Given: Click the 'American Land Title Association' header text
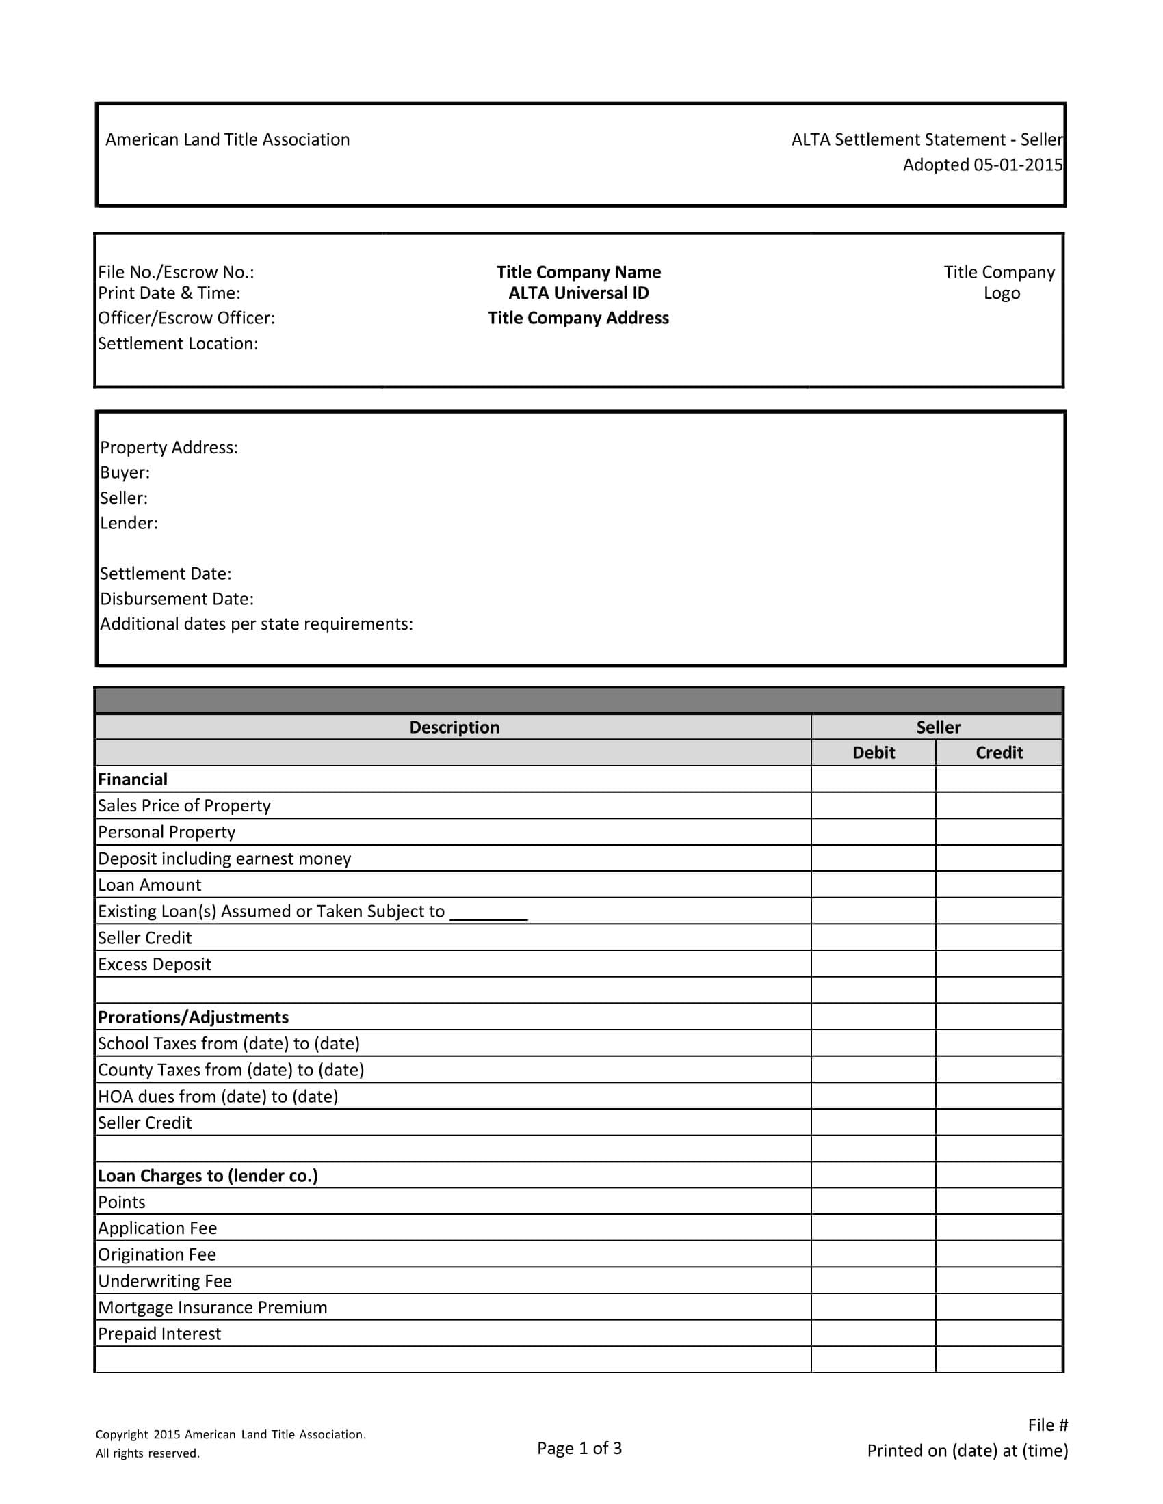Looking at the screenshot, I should pos(227,139).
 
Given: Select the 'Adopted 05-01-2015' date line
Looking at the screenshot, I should pos(982,165).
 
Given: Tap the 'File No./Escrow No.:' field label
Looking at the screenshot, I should pos(177,273).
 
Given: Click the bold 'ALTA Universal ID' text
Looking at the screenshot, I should pos(579,293).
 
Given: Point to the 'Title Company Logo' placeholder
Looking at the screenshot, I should pos(999,282).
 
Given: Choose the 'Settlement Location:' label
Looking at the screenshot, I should pos(178,344).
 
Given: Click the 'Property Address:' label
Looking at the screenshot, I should pos(169,448).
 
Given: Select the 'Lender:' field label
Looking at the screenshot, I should pos(129,524).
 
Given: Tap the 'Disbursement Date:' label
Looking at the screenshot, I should pos(177,599).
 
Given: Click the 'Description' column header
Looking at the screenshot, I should pos(454,727).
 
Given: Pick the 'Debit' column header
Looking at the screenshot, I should pos(873,753).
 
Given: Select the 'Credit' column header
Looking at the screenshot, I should pos(999,753).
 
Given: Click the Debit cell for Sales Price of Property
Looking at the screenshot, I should pos(873,806).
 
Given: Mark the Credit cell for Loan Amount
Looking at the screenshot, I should pos(999,885).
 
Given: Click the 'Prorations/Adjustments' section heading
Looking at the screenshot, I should pos(193,1017).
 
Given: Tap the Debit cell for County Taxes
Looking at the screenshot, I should pos(873,1069).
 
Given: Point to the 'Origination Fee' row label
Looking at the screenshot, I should pos(157,1254).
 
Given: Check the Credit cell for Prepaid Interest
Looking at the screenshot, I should pos(999,1334).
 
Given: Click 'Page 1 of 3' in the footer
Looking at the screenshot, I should pos(579,1448).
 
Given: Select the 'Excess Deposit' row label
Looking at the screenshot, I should pos(155,964).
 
